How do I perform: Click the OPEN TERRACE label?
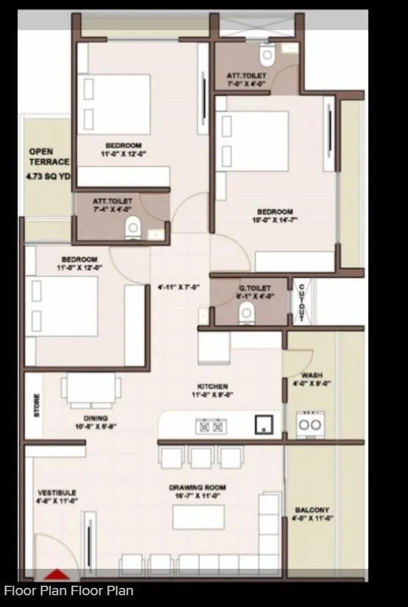(49, 157)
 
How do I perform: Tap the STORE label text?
(37, 406)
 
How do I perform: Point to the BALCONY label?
(312, 509)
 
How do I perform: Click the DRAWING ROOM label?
(197, 487)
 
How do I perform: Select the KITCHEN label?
(212, 387)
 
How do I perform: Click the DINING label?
(96, 418)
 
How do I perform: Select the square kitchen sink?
(263, 424)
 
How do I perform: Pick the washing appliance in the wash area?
(309, 424)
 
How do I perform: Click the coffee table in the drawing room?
(198, 517)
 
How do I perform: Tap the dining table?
(92, 389)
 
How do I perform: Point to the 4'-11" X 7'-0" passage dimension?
(179, 287)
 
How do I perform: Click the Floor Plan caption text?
(68, 591)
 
